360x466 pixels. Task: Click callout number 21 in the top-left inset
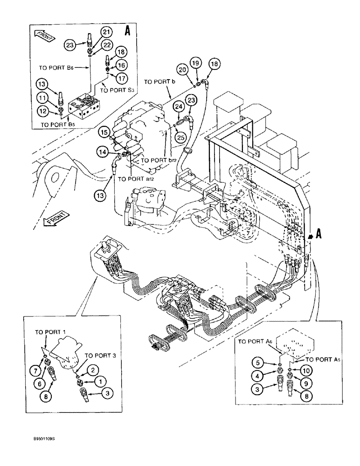pyautogui.click(x=106, y=32)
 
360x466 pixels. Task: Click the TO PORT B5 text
pyautogui.click(x=60, y=125)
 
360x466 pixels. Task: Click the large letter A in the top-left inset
pyautogui.click(x=128, y=31)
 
